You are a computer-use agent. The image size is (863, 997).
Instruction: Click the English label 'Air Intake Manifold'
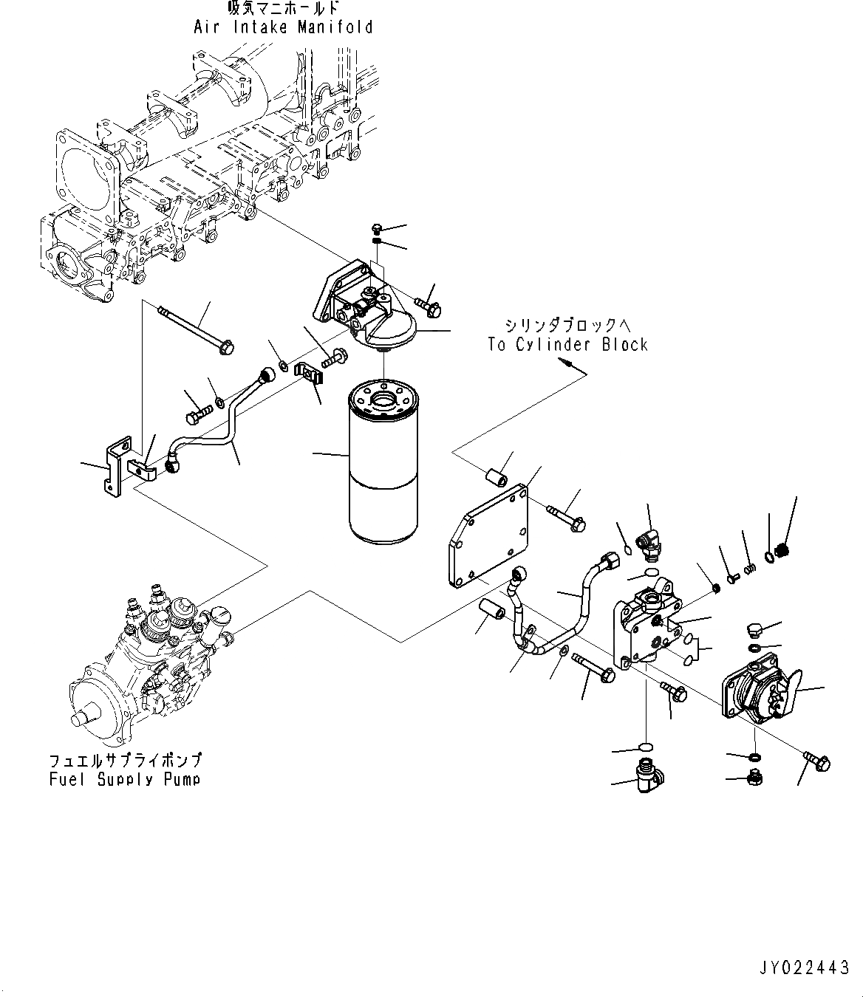click(283, 28)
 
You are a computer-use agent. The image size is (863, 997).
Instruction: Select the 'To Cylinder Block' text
click(567, 345)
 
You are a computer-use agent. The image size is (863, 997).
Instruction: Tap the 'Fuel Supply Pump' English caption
click(124, 779)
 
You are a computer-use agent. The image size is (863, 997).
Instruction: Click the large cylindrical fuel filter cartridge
click(383, 461)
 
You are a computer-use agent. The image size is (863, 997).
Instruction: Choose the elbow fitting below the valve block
click(644, 776)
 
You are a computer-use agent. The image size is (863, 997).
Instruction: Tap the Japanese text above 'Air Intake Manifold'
click(283, 9)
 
